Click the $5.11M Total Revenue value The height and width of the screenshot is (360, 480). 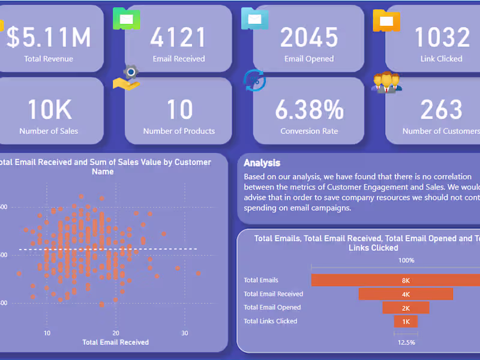(49, 37)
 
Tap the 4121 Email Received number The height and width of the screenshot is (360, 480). (178, 37)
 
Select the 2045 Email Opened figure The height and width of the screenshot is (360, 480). (308, 37)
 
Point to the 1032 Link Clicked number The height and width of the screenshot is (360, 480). (442, 37)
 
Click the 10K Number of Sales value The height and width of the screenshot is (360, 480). (49, 110)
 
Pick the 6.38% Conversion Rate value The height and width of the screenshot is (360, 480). (309, 110)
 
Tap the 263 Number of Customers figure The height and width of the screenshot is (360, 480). (442, 110)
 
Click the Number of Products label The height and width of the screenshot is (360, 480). (179, 131)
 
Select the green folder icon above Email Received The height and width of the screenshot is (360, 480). (127, 19)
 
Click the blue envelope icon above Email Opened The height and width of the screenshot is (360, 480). (255, 19)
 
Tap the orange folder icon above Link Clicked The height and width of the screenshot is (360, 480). (386, 20)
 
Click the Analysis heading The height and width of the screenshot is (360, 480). (262, 163)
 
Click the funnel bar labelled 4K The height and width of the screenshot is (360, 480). (406, 294)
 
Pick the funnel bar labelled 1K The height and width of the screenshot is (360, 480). (406, 322)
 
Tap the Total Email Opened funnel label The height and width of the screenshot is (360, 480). (272, 308)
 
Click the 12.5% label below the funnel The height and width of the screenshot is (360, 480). (406, 342)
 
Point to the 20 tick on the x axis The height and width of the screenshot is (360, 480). (116, 333)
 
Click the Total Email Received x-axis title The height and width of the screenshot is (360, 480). (115, 343)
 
